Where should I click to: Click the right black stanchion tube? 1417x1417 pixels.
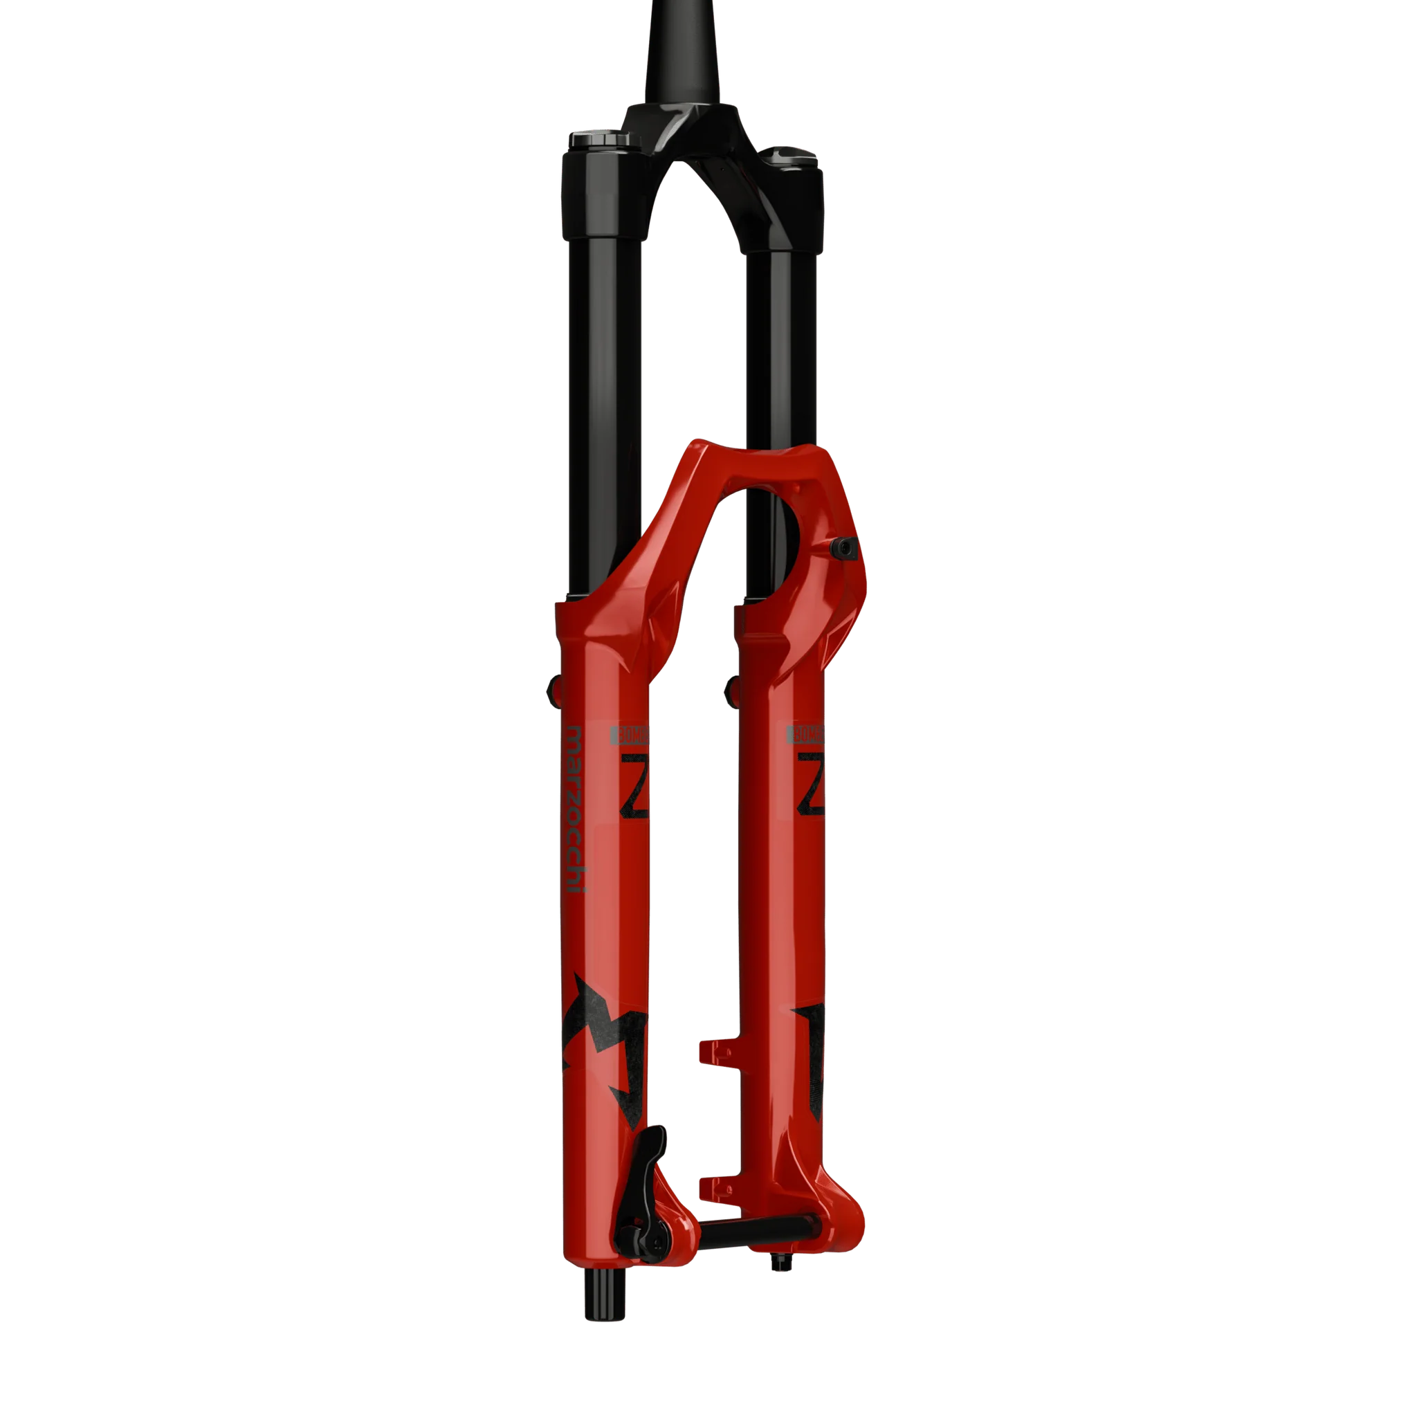click(770, 367)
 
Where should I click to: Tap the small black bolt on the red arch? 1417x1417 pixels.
click(848, 546)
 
